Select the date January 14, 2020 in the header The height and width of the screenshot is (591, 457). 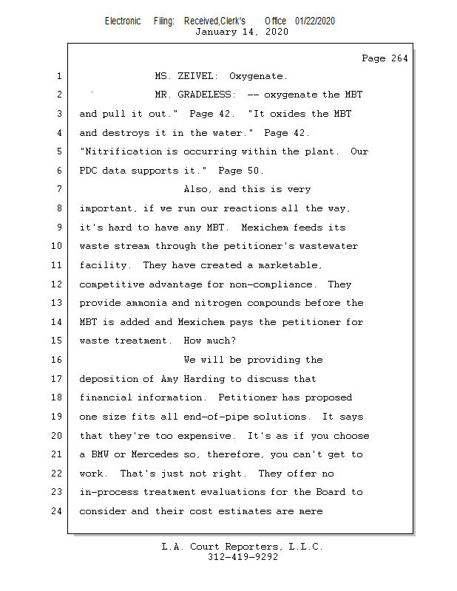tap(241, 32)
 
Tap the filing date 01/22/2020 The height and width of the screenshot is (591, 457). tap(315, 21)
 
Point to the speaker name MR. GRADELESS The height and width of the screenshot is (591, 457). tap(194, 95)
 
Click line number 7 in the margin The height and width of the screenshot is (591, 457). tap(58, 190)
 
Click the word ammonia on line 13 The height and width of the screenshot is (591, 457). tap(149, 303)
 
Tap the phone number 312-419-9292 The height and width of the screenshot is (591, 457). tap(243, 557)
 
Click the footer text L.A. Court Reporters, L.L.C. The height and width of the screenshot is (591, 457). tap(243, 547)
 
